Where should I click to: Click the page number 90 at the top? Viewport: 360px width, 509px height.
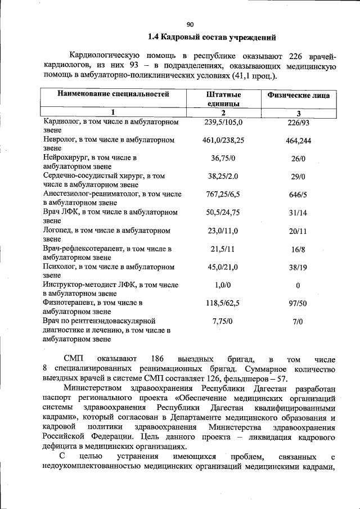point(190,24)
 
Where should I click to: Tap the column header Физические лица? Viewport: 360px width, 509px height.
point(298,96)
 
